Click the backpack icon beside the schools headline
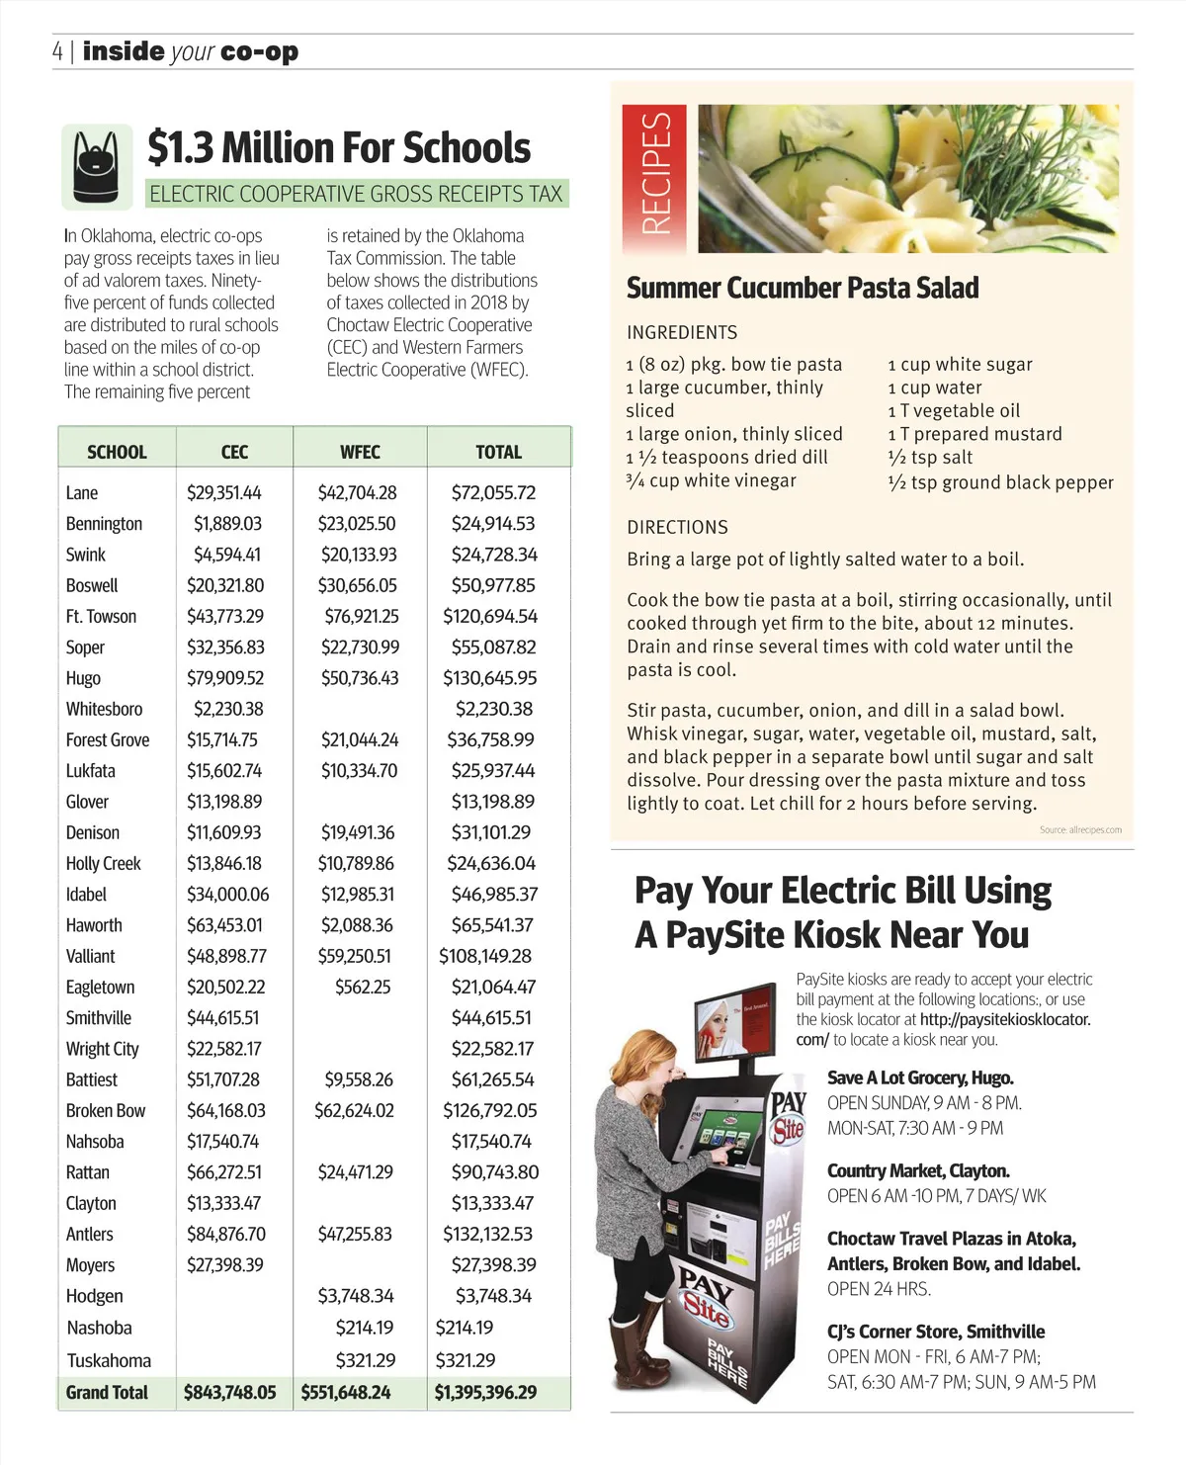[97, 166]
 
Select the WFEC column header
[360, 452]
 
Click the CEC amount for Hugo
[225, 678]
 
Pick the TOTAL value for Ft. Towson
[490, 616]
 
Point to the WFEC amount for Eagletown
[363, 987]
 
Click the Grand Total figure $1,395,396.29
[486, 1392]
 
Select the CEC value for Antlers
[226, 1234]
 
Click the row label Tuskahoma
[109, 1360]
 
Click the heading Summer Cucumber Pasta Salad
[803, 288]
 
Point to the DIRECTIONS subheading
[677, 527]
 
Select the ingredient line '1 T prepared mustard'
[974, 434]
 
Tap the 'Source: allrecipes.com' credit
[1080, 829]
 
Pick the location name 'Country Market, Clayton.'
[918, 1170]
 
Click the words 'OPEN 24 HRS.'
[879, 1288]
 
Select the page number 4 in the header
[58, 51]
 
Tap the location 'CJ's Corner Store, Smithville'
[936, 1332]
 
